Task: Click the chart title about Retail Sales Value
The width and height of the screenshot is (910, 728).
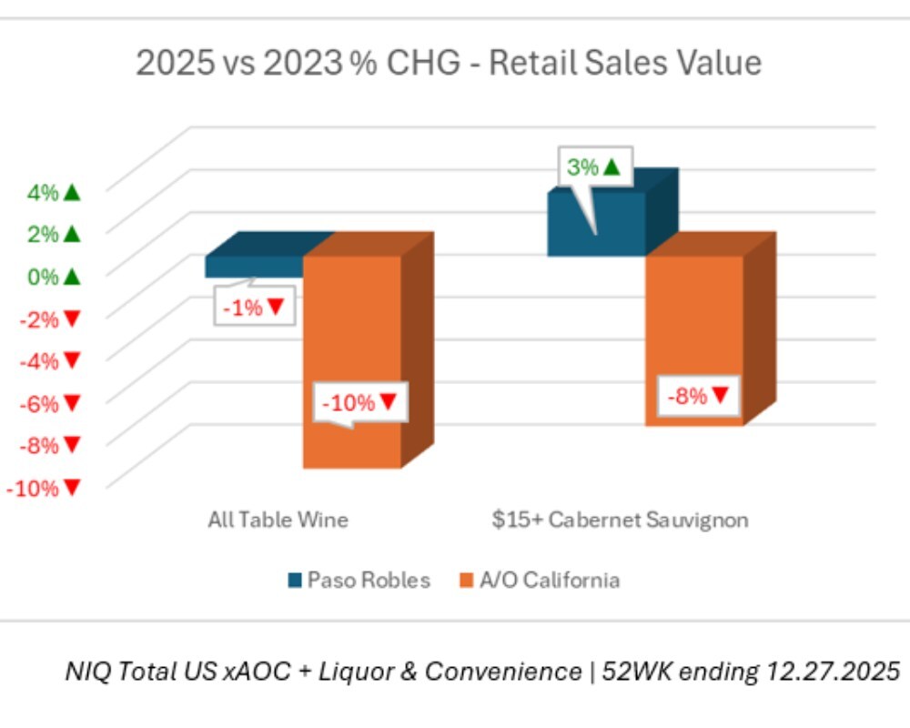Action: coord(449,64)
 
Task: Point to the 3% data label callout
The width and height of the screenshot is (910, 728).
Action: coord(592,167)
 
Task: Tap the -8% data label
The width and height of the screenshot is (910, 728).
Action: coord(698,396)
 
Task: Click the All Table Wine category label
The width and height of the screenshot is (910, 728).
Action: coord(278,521)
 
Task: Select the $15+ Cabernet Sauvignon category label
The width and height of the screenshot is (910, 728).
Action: coord(621,521)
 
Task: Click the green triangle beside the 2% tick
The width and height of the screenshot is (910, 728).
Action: coord(73,234)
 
